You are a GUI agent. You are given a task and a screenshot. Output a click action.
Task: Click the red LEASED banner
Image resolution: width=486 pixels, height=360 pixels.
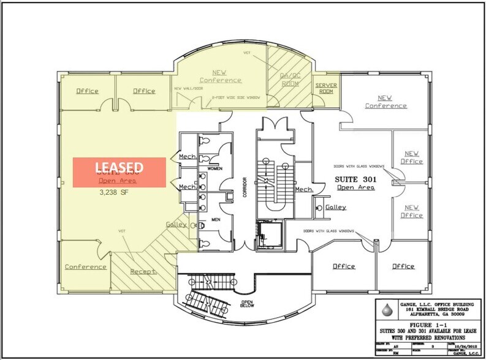pyautogui.click(x=120, y=172)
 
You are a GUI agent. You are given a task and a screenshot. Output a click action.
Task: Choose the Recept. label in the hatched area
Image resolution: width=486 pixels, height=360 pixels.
pyautogui.click(x=144, y=270)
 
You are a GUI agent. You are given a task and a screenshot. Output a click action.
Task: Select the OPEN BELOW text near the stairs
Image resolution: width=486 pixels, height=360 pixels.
pyautogui.click(x=247, y=304)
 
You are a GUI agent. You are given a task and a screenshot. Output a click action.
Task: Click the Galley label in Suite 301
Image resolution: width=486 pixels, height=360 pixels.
pyautogui.click(x=335, y=207)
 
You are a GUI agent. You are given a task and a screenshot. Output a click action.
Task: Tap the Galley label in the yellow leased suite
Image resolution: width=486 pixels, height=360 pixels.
pyautogui.click(x=176, y=224)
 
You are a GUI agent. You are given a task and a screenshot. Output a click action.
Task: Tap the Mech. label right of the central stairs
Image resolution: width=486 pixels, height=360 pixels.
pyautogui.click(x=305, y=190)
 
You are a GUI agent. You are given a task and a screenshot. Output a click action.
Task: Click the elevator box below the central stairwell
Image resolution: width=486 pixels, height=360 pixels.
pyautogui.click(x=267, y=233)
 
